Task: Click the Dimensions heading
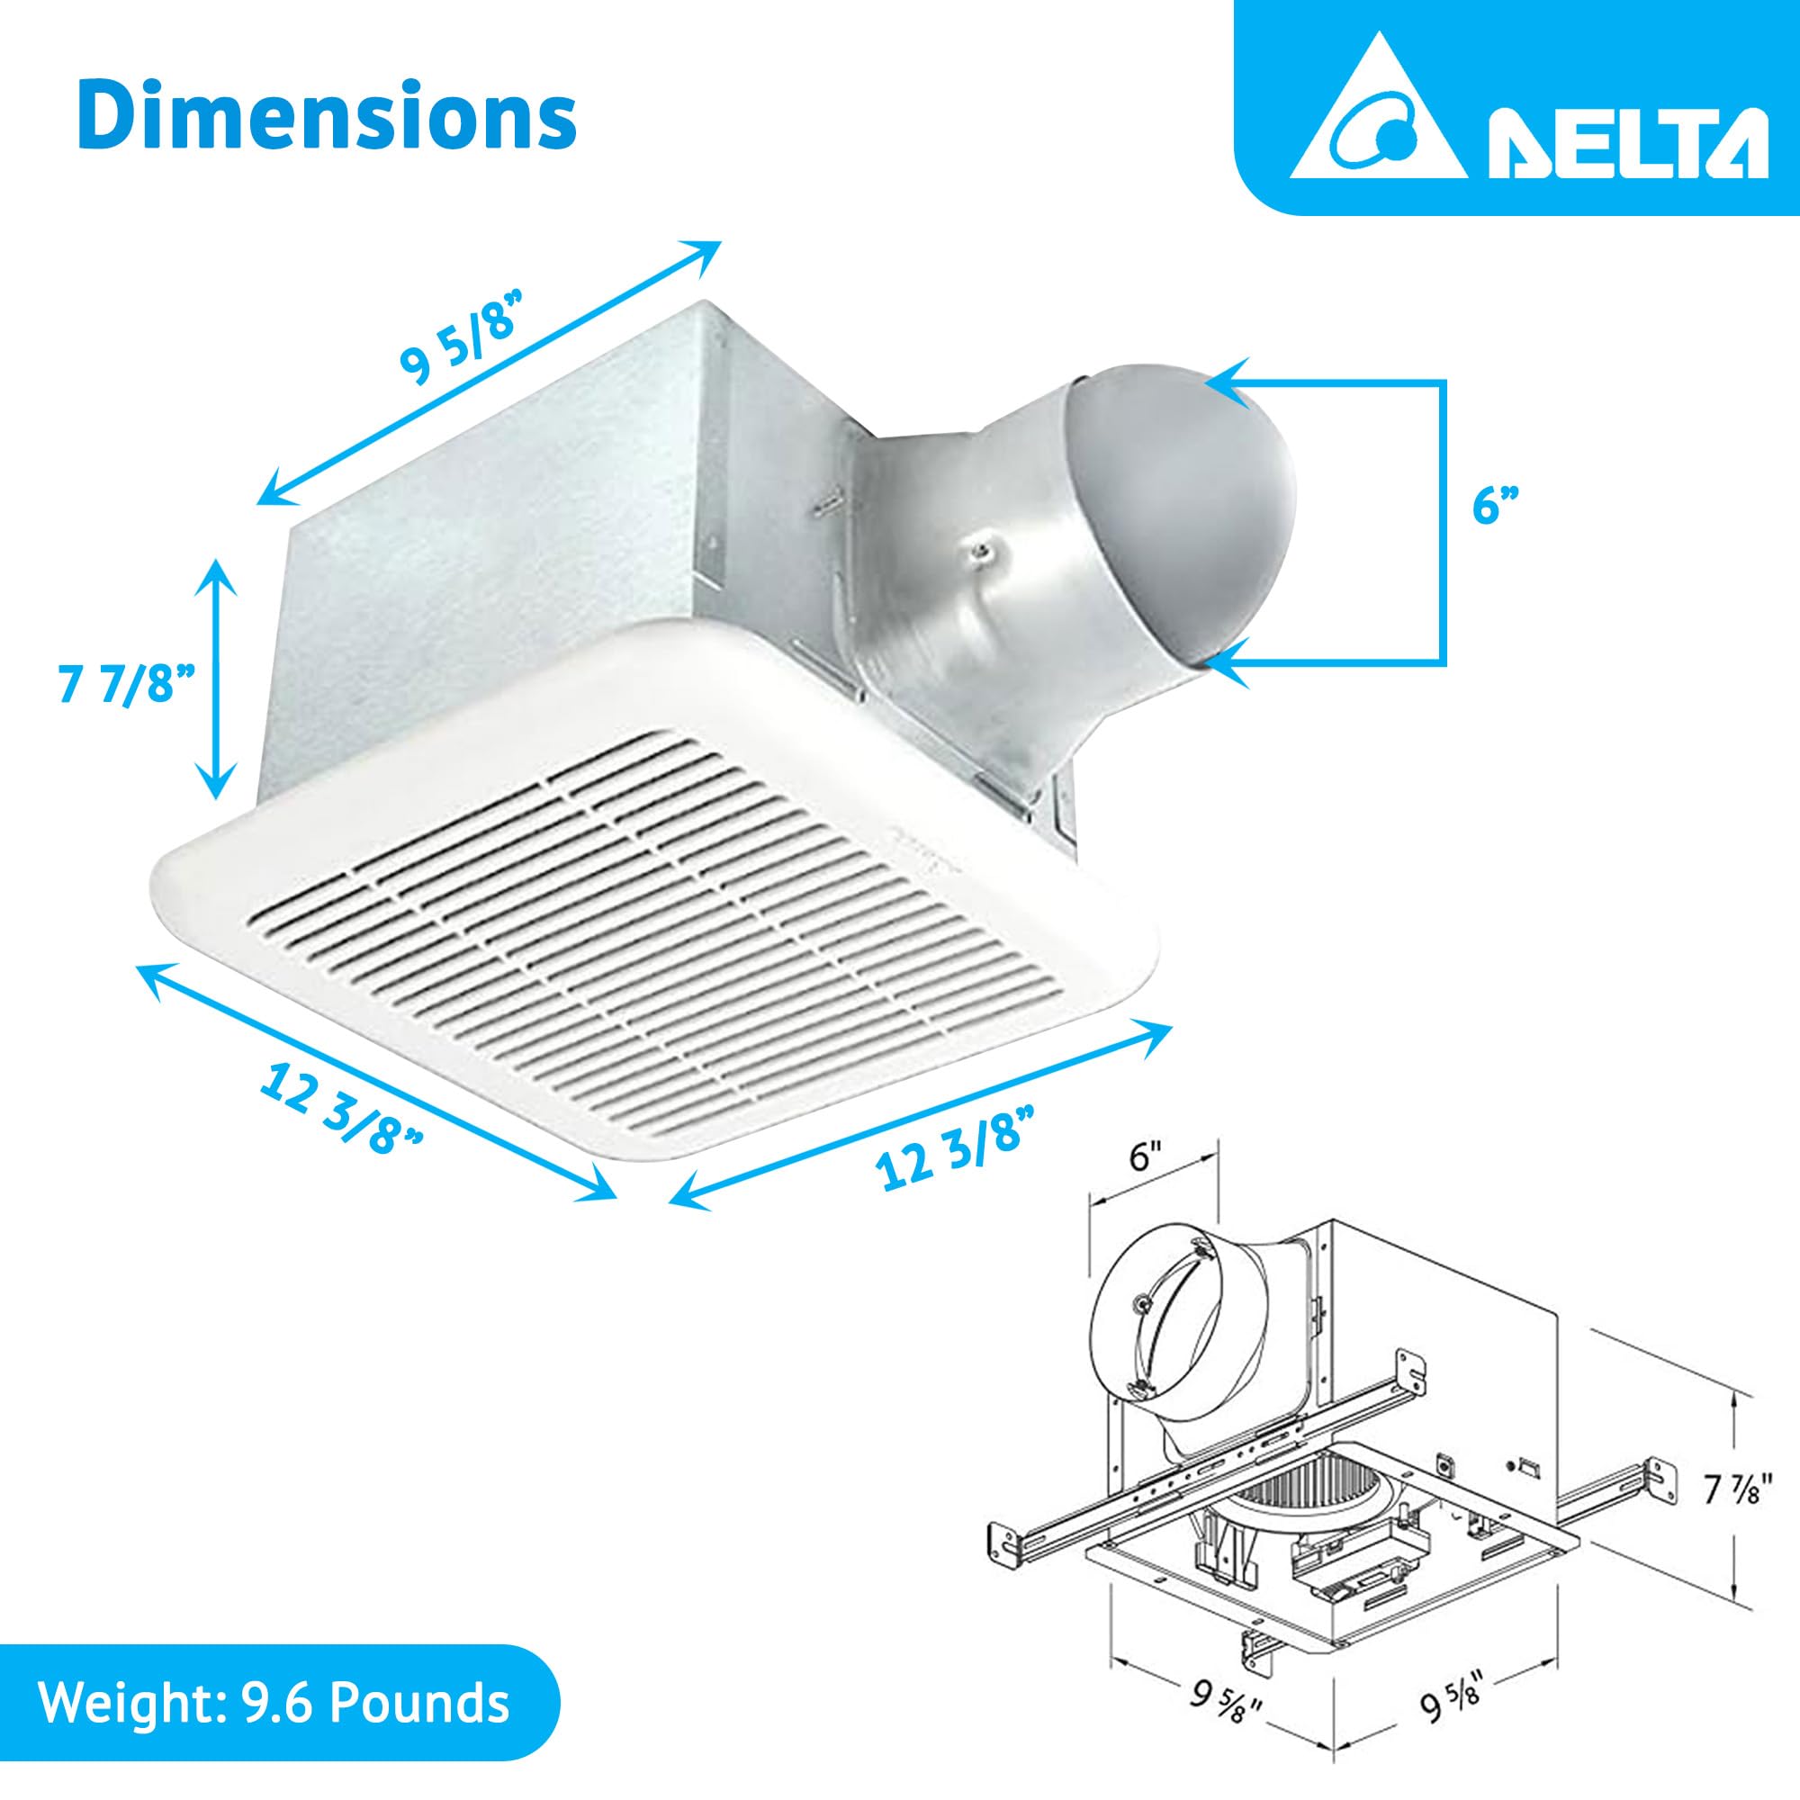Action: tap(326, 114)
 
